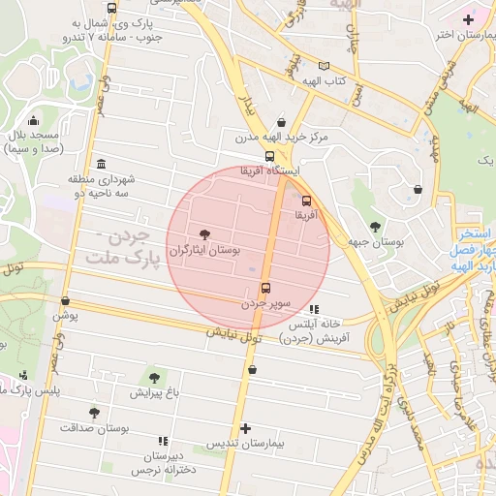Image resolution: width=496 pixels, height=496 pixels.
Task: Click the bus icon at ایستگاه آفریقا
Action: [x=269, y=155]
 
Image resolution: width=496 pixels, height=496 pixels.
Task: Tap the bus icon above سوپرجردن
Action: [x=265, y=288]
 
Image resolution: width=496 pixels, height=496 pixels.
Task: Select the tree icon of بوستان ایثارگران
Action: [x=203, y=232]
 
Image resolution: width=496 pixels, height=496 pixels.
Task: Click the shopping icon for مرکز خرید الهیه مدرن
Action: [x=281, y=122]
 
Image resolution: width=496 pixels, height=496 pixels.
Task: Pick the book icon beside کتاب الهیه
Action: [x=323, y=66]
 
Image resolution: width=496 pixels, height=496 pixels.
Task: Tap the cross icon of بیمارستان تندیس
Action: [x=246, y=427]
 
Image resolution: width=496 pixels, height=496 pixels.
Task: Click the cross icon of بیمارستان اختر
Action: [x=468, y=19]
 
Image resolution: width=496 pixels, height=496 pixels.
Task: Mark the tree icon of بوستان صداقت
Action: [x=94, y=412]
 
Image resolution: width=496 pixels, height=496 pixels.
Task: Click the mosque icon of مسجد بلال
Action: [x=35, y=121]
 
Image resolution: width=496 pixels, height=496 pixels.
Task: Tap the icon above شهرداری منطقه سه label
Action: [x=101, y=164]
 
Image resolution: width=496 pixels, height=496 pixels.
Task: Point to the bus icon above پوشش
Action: [x=65, y=301]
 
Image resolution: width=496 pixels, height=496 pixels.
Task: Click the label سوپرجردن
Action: [x=265, y=303]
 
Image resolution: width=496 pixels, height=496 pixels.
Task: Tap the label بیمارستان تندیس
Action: [x=246, y=443]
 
